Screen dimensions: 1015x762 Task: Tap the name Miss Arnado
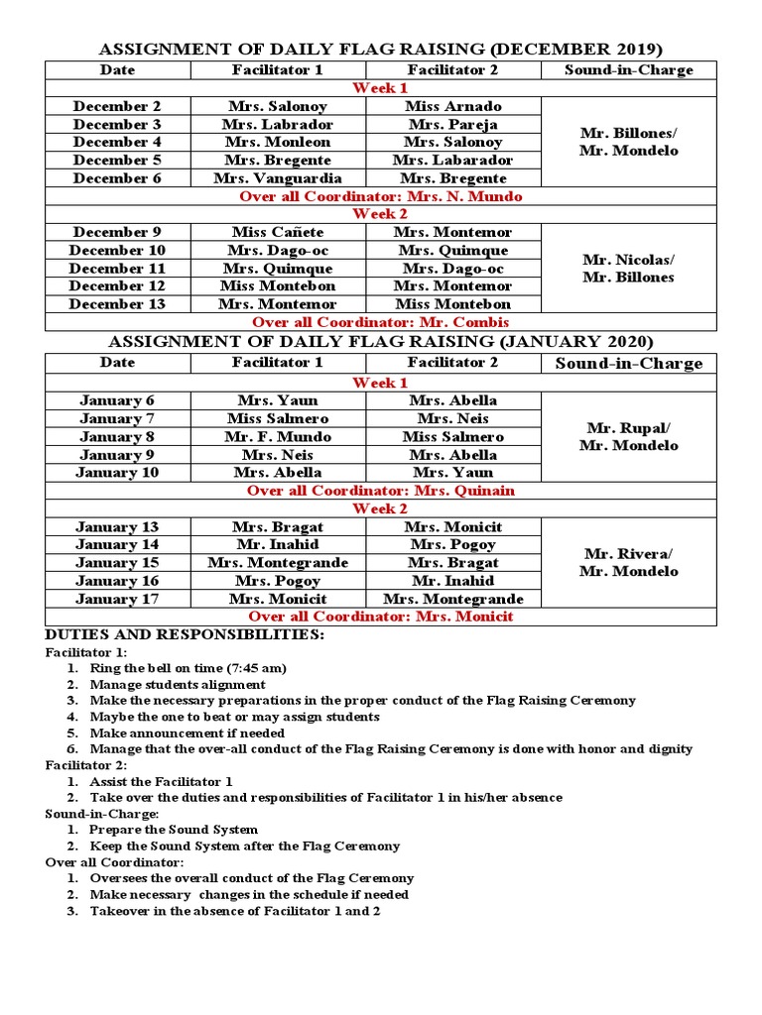pos(453,106)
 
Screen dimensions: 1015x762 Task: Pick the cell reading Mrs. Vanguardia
pos(278,178)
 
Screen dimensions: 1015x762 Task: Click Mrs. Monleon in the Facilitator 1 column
pos(278,142)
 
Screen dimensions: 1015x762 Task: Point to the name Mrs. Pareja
pos(453,124)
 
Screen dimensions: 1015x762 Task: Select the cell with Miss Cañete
pos(278,232)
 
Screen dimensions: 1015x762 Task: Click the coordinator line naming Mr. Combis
pos(381,322)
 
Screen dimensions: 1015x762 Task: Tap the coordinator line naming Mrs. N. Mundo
pos(381,196)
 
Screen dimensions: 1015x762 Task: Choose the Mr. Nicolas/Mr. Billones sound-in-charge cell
pos(628,268)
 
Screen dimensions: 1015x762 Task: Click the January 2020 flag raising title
pos(381,342)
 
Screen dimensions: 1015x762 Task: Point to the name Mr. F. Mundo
pos(278,436)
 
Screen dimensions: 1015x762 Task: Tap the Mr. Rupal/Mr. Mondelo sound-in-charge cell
pos(628,436)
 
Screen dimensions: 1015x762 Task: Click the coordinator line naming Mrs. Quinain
pos(381,491)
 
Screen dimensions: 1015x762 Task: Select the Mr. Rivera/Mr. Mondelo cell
pos(628,562)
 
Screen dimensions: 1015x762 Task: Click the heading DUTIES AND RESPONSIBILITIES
pos(185,634)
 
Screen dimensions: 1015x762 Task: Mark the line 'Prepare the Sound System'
pos(174,830)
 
